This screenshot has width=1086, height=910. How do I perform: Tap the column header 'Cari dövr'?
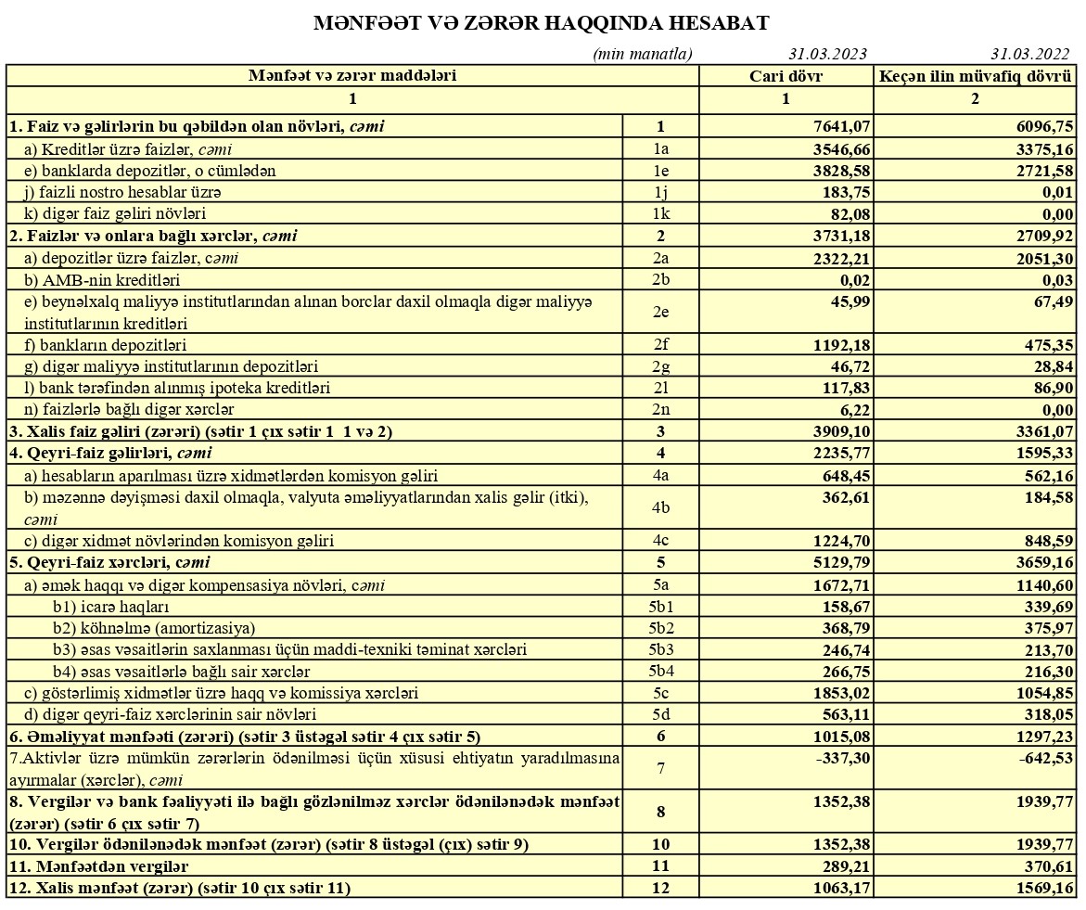point(786,76)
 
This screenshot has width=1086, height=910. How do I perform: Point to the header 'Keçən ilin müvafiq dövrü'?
point(975,76)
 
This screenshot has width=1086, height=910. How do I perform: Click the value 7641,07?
point(840,127)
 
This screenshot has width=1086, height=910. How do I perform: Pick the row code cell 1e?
point(660,171)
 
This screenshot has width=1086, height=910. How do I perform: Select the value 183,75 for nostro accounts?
point(845,192)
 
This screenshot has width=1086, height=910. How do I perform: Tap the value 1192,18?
point(840,345)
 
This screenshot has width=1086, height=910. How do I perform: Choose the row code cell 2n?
point(660,409)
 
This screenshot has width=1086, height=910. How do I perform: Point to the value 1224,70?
point(840,540)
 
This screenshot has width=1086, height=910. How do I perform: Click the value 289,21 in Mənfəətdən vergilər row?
point(845,866)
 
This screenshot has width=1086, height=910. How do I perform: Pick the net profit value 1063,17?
point(840,888)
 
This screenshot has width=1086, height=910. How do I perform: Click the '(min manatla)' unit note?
point(643,54)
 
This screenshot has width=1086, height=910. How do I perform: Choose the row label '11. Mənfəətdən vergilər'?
point(98,866)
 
